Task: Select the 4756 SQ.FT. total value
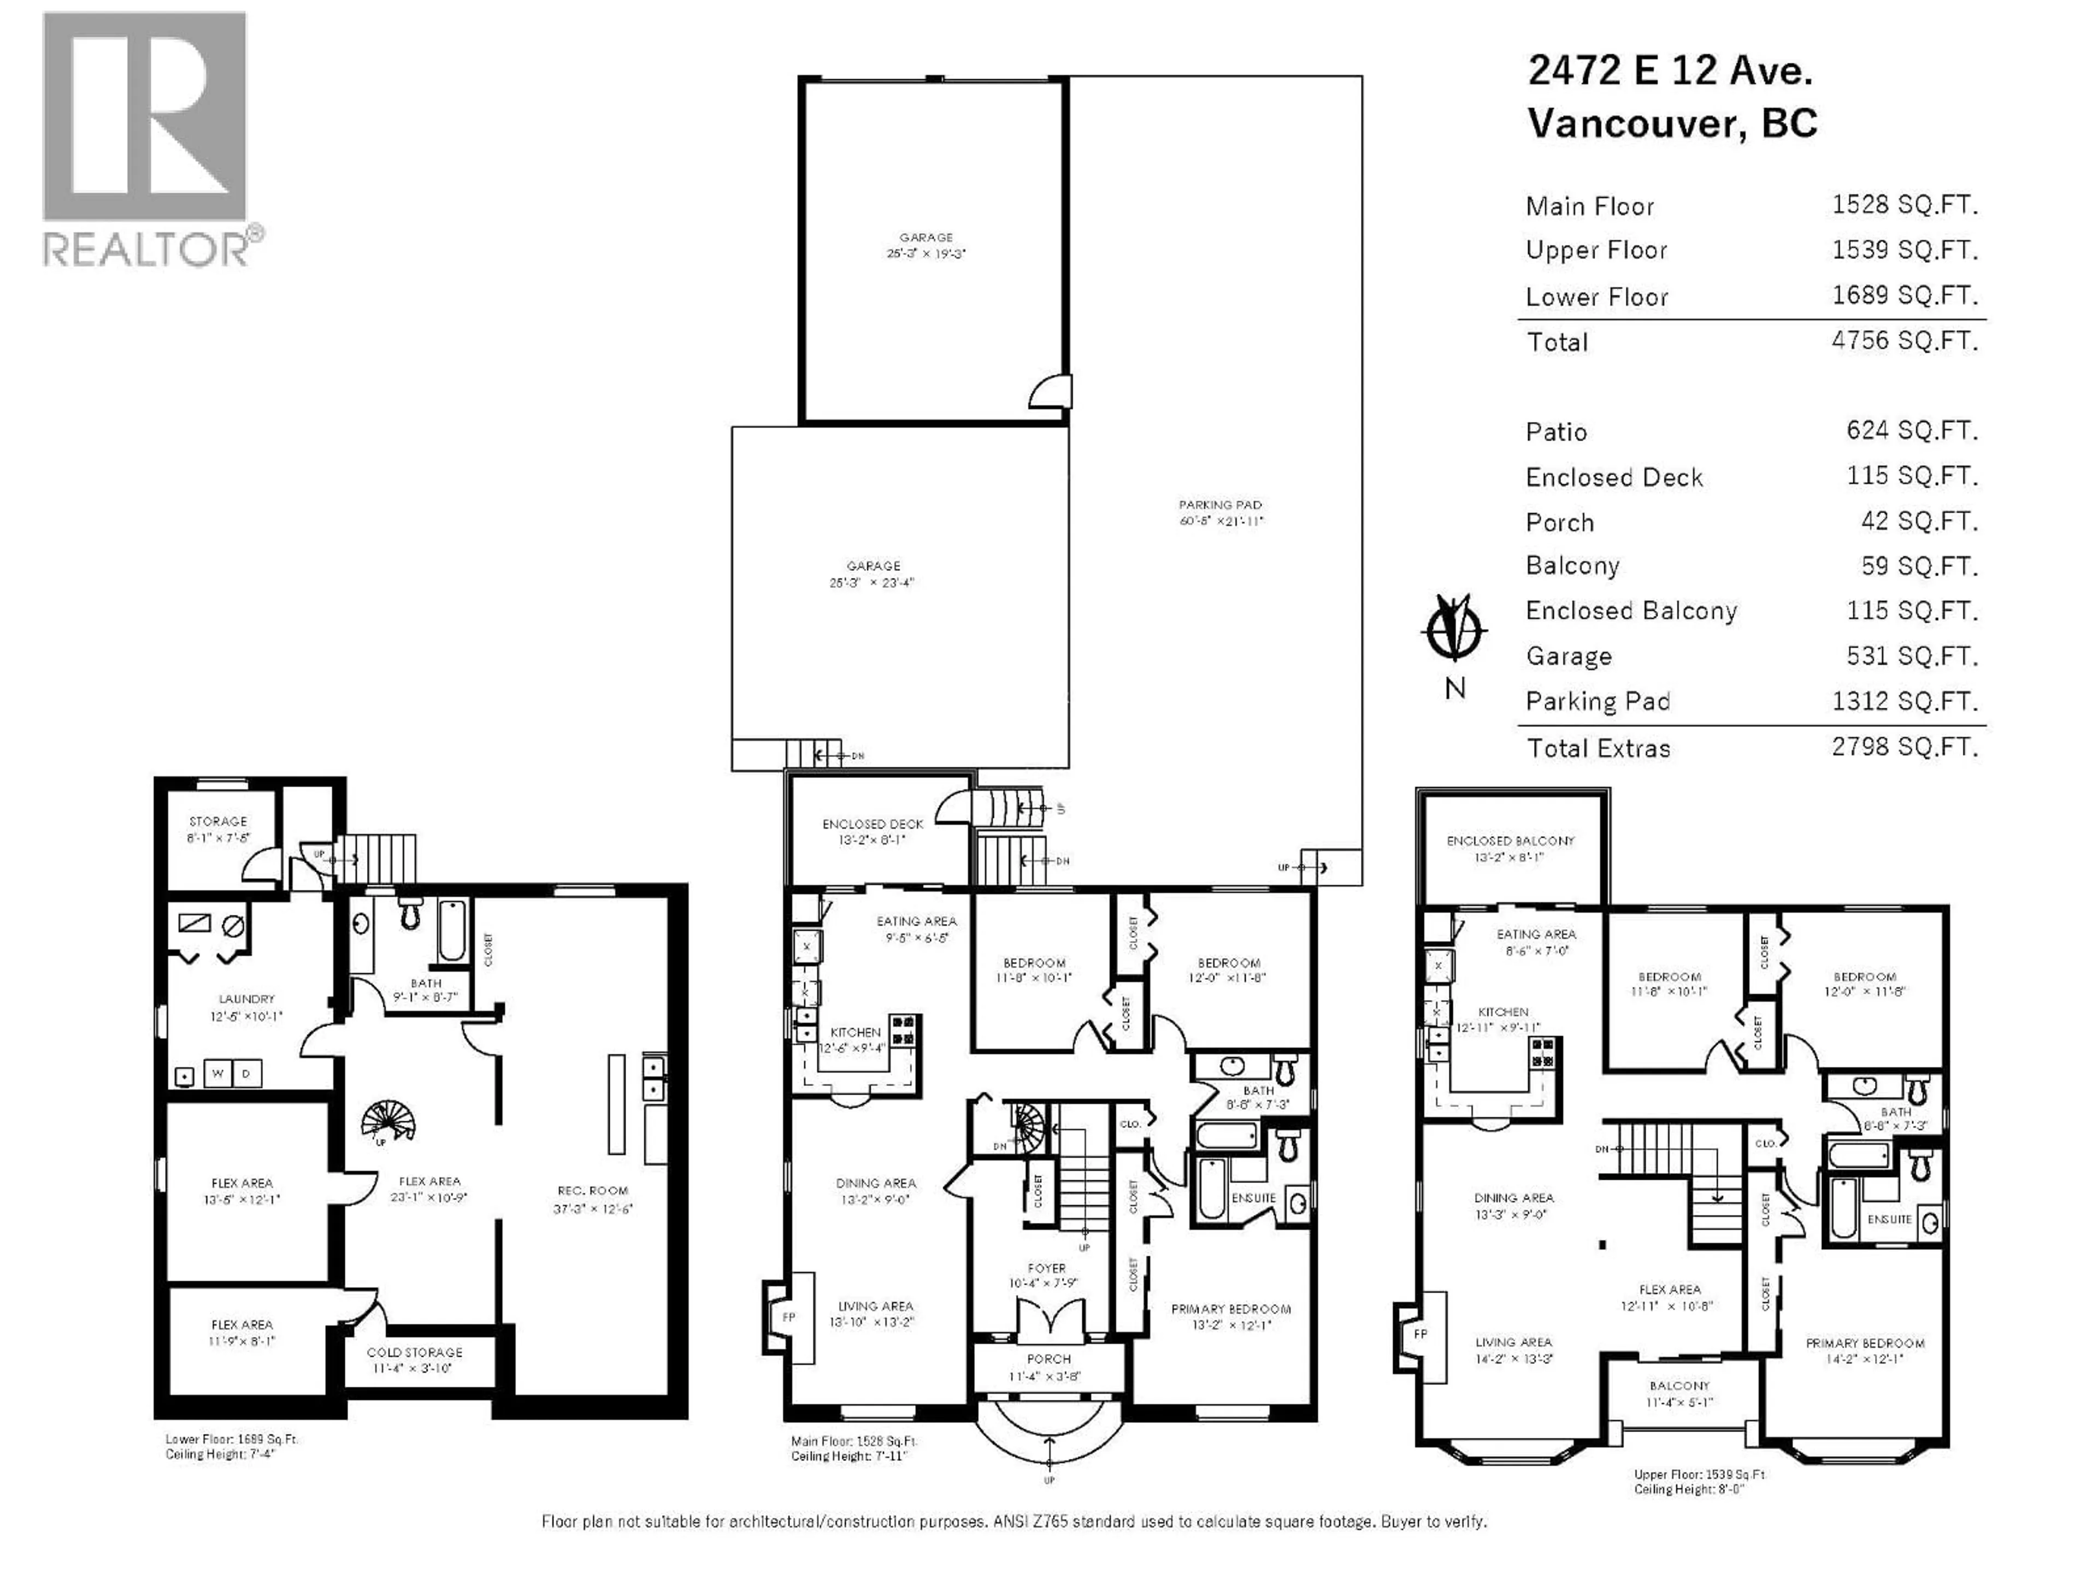click(1905, 340)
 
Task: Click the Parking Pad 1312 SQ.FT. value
click(1905, 701)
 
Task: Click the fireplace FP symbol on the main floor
click(788, 1317)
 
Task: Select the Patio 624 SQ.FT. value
click(1911, 430)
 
